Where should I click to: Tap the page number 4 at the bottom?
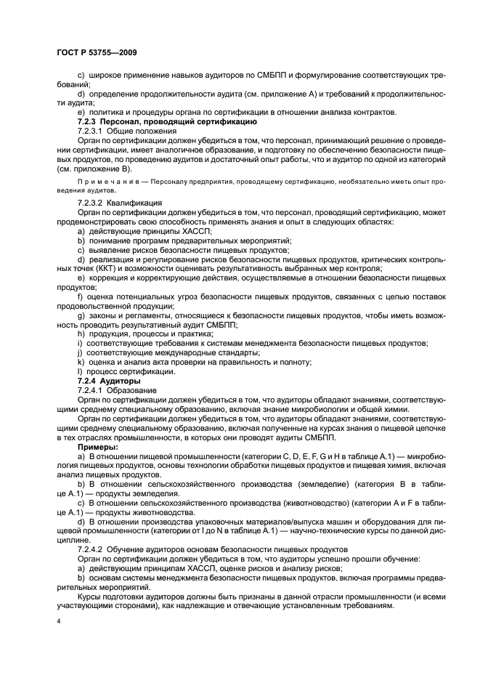[x=59, y=622]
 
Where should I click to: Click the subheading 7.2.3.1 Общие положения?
[x=122, y=131]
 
